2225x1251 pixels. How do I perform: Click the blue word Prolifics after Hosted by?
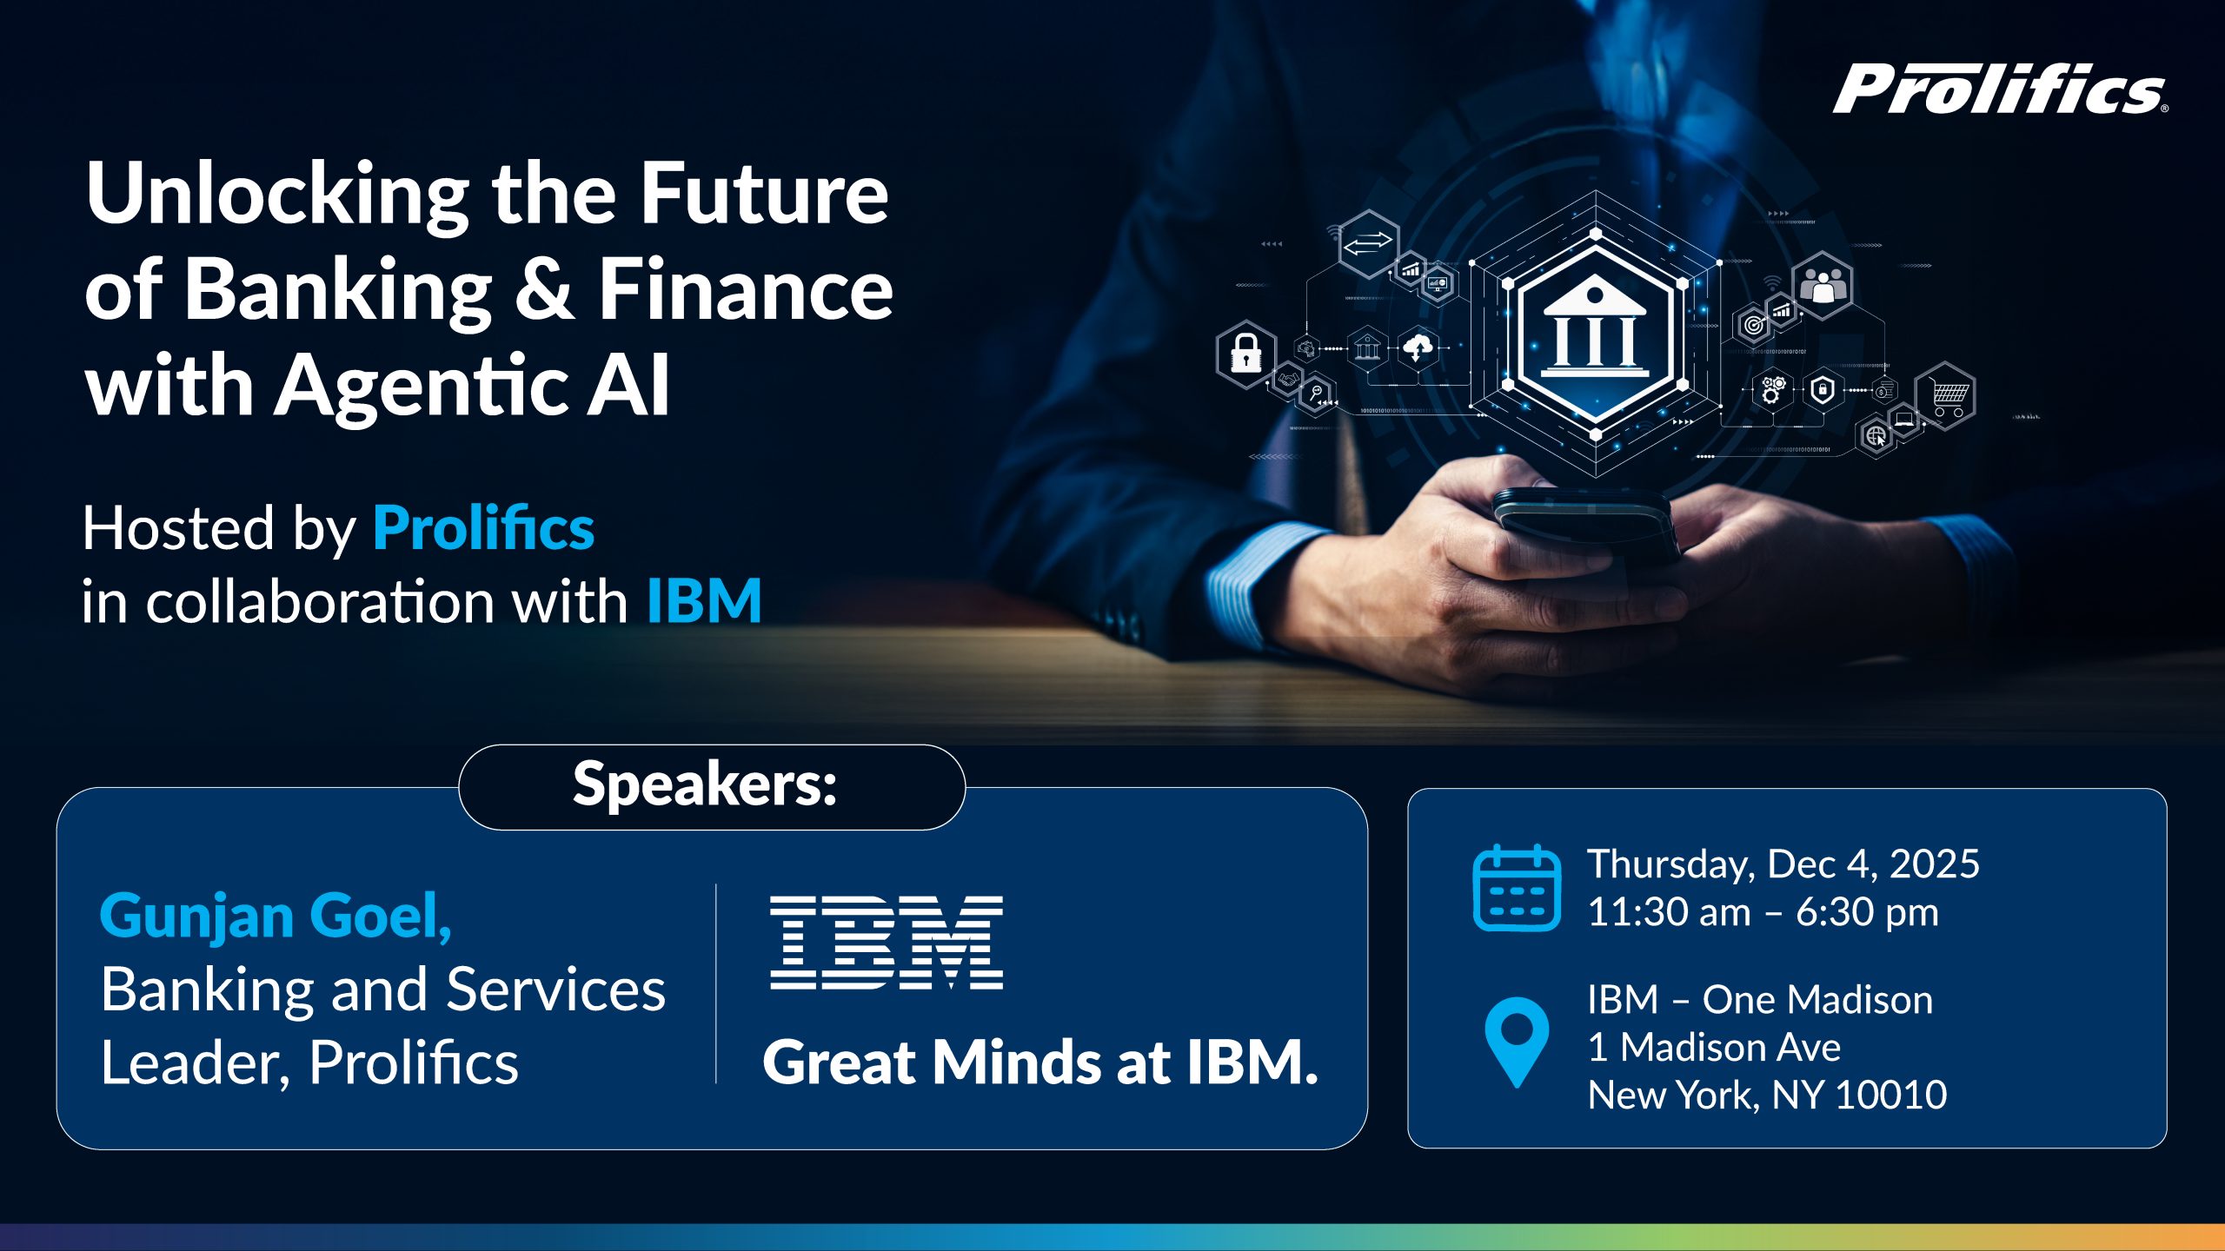coord(483,527)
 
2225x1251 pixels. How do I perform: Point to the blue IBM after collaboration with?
coord(704,600)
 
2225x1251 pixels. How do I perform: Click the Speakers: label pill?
coord(712,786)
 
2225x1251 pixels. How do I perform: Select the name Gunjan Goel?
coord(276,917)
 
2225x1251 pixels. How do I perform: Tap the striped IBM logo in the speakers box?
coord(887,943)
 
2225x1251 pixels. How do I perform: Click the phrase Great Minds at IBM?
coord(1040,1062)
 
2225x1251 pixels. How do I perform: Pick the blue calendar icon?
coord(1517,887)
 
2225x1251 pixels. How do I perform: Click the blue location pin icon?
coord(1517,1041)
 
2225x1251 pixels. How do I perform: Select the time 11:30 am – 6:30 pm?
coord(1763,912)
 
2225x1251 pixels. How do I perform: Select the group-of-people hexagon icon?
coord(1823,285)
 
